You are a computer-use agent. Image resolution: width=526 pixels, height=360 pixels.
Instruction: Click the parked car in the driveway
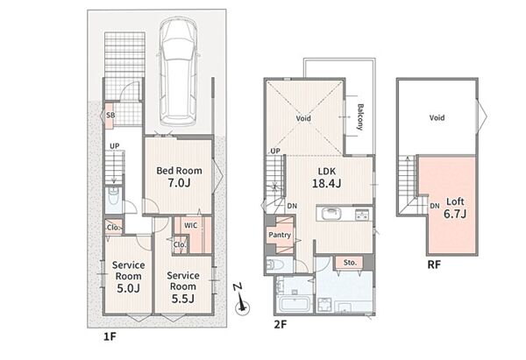[177, 72]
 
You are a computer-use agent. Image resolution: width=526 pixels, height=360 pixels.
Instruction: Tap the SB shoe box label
[110, 115]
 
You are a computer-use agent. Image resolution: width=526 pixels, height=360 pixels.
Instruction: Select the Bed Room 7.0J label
[179, 177]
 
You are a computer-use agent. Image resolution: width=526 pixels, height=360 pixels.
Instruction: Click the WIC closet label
[190, 226]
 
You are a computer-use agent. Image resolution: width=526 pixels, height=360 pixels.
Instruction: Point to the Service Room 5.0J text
[128, 277]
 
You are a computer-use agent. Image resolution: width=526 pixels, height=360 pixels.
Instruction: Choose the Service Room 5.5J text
[183, 287]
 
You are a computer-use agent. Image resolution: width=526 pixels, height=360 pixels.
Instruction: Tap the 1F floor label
[110, 336]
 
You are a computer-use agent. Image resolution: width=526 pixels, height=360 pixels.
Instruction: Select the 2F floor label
[281, 324]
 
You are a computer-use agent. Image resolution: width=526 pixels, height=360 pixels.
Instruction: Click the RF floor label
[434, 265]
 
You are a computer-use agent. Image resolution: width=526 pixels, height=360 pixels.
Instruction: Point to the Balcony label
[360, 116]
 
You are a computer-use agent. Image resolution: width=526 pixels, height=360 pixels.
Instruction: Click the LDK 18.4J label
[326, 177]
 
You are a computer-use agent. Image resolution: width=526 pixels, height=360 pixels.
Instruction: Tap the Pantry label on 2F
[280, 235]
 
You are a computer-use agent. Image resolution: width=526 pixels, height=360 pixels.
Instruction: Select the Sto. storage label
[350, 263]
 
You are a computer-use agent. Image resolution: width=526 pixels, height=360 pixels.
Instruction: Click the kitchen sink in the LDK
[331, 214]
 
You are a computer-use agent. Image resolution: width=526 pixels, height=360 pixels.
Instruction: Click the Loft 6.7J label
[455, 208]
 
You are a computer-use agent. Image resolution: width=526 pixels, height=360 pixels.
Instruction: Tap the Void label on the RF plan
[437, 117]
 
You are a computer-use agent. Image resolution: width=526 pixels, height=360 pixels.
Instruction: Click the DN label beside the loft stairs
[435, 206]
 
